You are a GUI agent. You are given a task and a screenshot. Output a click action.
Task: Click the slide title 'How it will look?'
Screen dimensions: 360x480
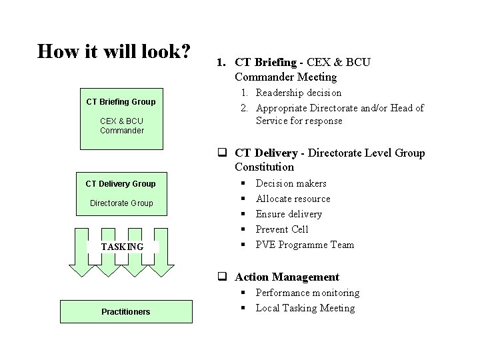(x=114, y=51)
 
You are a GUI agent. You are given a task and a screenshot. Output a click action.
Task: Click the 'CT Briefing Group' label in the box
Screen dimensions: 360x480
(x=121, y=102)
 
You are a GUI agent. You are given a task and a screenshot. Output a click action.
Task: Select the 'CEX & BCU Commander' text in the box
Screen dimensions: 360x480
(x=121, y=125)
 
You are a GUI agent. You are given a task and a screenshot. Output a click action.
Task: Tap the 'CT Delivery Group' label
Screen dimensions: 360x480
(x=121, y=184)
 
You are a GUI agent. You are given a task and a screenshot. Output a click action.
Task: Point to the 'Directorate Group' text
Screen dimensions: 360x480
(x=121, y=203)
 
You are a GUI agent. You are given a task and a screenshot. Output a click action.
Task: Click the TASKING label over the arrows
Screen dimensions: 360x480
(x=122, y=247)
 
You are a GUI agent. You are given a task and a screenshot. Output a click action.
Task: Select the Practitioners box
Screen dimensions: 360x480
(x=125, y=311)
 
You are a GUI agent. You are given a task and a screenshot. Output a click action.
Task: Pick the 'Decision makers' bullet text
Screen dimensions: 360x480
(x=291, y=183)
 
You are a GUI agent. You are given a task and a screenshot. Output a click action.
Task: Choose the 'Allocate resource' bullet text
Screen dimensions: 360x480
(x=293, y=199)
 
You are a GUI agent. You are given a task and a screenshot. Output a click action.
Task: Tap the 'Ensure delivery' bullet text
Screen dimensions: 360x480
(x=289, y=214)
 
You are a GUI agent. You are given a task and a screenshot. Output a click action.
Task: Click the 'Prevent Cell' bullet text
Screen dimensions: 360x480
(x=282, y=229)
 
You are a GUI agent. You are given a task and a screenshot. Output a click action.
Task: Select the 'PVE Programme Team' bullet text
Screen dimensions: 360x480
(x=305, y=245)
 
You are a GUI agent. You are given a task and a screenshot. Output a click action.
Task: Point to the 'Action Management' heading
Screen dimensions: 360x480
(x=287, y=277)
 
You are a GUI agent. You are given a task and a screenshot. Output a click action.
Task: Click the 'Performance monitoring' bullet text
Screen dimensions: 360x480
(x=307, y=293)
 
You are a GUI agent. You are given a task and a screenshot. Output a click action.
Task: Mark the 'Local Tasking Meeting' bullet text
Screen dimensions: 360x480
(x=305, y=308)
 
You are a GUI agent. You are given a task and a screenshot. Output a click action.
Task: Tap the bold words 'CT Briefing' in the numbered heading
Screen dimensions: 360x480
(x=265, y=63)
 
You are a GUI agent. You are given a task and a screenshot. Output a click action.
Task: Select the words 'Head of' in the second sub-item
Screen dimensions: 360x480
(x=407, y=108)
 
